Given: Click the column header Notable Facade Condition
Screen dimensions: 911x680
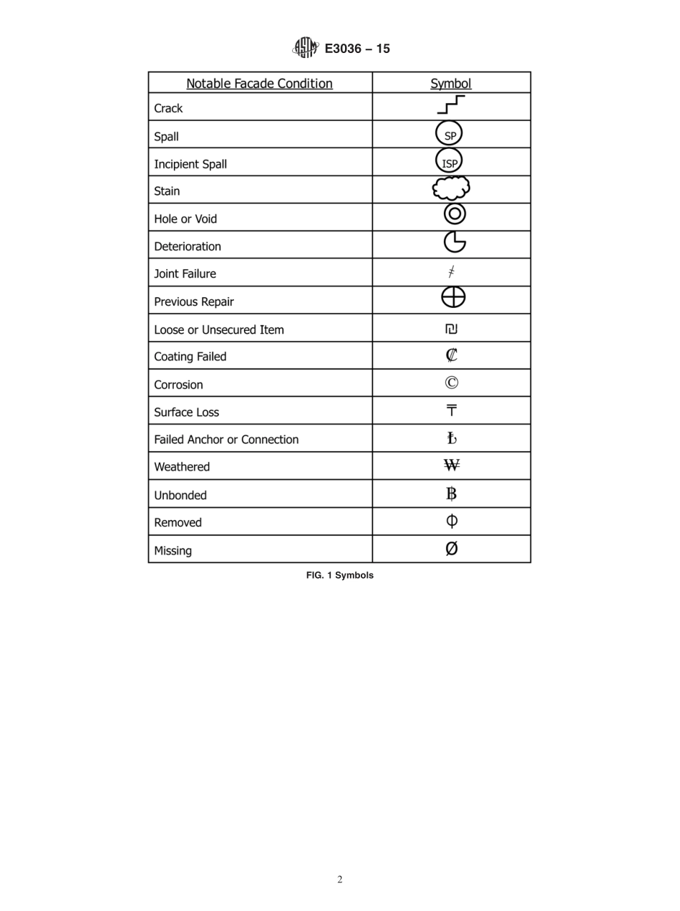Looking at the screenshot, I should [259, 83].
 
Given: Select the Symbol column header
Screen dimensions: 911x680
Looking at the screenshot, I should [451, 83].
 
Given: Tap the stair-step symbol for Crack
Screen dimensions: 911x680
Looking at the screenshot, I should [451, 105].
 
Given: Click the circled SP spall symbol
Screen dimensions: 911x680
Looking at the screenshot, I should [450, 135].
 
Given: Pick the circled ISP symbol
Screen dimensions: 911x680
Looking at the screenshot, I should [450, 162].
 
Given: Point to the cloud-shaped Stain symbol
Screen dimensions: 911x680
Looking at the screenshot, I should [451, 189].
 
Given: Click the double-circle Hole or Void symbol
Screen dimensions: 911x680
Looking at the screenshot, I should [455, 213].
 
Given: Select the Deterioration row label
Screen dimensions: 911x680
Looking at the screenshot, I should [188, 246].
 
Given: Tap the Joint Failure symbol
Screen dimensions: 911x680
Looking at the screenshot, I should [452, 272].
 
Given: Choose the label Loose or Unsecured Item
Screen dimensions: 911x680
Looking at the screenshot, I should [219, 330].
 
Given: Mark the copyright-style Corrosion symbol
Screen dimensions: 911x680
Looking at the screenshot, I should [452, 382].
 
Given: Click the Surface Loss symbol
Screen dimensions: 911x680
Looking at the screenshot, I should [452, 410].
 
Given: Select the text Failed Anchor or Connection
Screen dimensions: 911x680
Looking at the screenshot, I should [226, 440].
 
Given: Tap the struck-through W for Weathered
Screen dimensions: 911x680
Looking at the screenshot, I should [452, 466].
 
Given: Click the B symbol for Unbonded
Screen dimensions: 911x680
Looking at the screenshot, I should [452, 493].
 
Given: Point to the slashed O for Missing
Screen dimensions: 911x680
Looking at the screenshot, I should [452, 549].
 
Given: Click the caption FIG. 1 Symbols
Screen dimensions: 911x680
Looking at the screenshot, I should [340, 575].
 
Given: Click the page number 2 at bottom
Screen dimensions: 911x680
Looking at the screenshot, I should [340, 879].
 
